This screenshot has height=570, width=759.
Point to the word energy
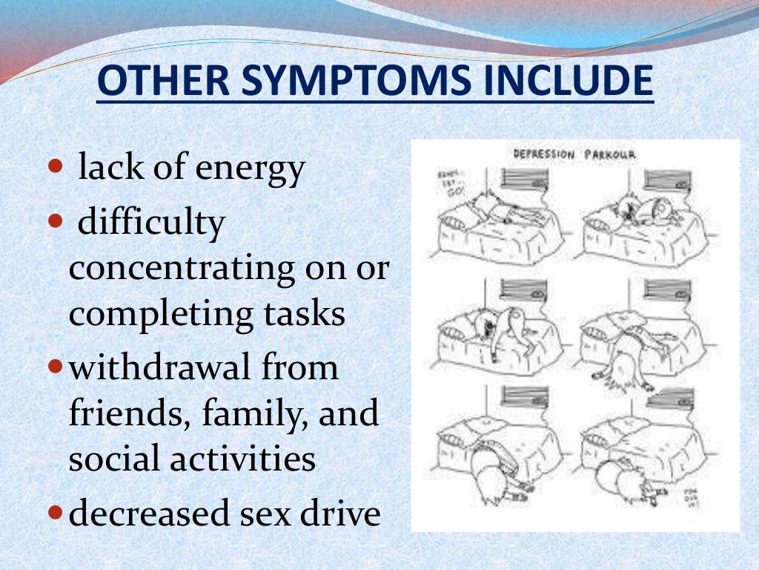point(250,169)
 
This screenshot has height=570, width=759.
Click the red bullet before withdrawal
point(56,367)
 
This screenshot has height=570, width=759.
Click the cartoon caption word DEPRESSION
point(545,154)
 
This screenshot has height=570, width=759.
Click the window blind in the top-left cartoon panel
point(523,178)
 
